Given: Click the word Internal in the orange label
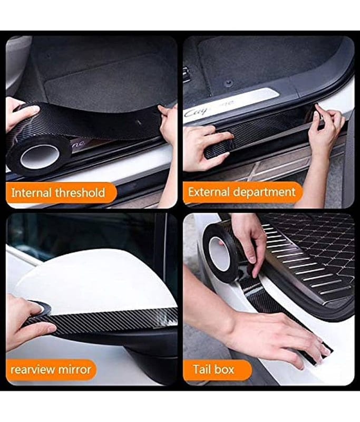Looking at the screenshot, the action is click(x=32, y=193).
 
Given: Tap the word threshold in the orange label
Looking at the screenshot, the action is click(x=80, y=193).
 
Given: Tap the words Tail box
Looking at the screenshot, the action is click(x=214, y=370).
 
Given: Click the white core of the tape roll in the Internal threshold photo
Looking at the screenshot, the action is click(x=40, y=156).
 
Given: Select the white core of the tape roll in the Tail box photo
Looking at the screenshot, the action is click(x=219, y=253).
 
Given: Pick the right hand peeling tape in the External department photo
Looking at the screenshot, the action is click(x=325, y=129).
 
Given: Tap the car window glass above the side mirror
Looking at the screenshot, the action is click(x=81, y=234).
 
